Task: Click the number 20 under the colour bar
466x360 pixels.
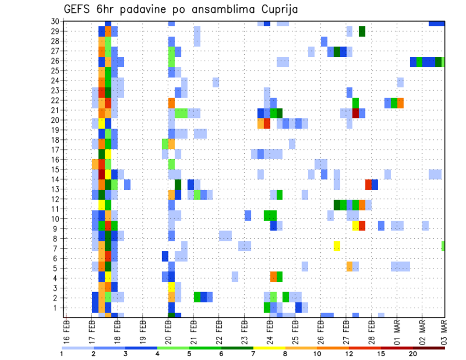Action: click(413, 354)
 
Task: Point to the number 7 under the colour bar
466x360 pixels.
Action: click(253, 354)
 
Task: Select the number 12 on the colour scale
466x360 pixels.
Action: click(349, 354)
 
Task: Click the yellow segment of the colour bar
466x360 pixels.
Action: click(269, 347)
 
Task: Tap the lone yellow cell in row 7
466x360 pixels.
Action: click(337, 246)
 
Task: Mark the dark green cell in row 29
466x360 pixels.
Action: click(362, 31)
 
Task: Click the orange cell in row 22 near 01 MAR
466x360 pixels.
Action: click(400, 103)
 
